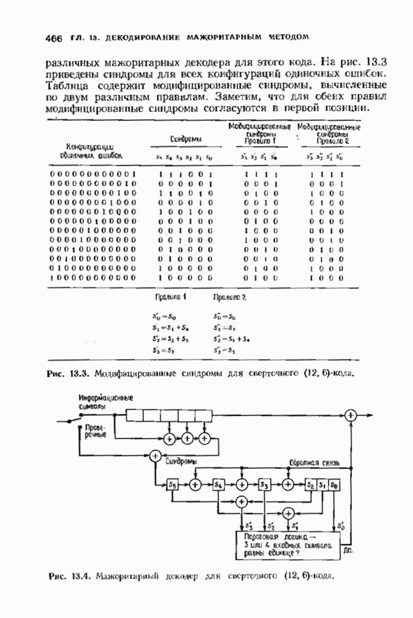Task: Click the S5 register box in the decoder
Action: (x=172, y=485)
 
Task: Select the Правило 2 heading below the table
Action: (x=230, y=298)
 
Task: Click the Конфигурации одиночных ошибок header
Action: (x=88, y=151)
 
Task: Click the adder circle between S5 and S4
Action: (x=196, y=485)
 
